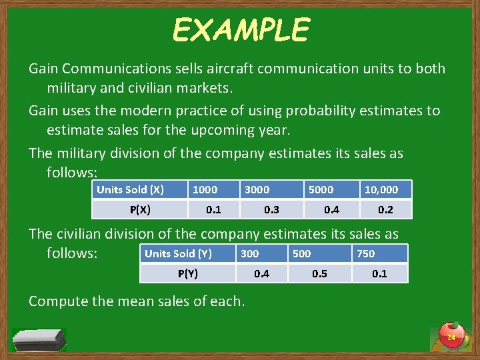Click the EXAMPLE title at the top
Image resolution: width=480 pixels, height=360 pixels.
241,30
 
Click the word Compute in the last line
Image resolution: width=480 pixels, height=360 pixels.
57,301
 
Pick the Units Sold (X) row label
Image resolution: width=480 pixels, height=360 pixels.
130,189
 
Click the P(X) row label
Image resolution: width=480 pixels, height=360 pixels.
140,209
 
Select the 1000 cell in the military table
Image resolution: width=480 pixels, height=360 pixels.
205,189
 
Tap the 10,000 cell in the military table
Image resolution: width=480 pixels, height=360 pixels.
381,189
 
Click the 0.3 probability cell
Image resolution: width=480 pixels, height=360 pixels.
271,209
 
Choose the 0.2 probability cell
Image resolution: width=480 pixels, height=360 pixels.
385,209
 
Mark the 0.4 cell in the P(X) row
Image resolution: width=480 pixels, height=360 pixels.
331,209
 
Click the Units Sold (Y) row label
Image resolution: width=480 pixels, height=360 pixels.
178,253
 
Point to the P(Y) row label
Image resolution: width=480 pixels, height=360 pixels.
188,273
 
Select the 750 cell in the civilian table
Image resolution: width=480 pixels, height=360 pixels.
365,253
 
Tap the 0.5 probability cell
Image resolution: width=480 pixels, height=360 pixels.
320,273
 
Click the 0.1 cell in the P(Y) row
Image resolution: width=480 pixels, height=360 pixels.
379,273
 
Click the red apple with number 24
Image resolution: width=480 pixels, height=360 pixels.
451,335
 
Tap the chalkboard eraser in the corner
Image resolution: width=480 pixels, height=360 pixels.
39,339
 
